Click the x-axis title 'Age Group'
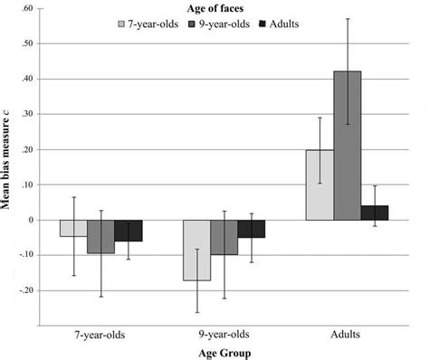point(222,353)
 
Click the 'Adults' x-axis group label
point(347,334)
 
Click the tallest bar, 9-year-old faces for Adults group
point(347,146)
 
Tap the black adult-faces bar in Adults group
point(374,213)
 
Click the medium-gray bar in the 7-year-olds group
point(100,236)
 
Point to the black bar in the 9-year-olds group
point(251,228)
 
